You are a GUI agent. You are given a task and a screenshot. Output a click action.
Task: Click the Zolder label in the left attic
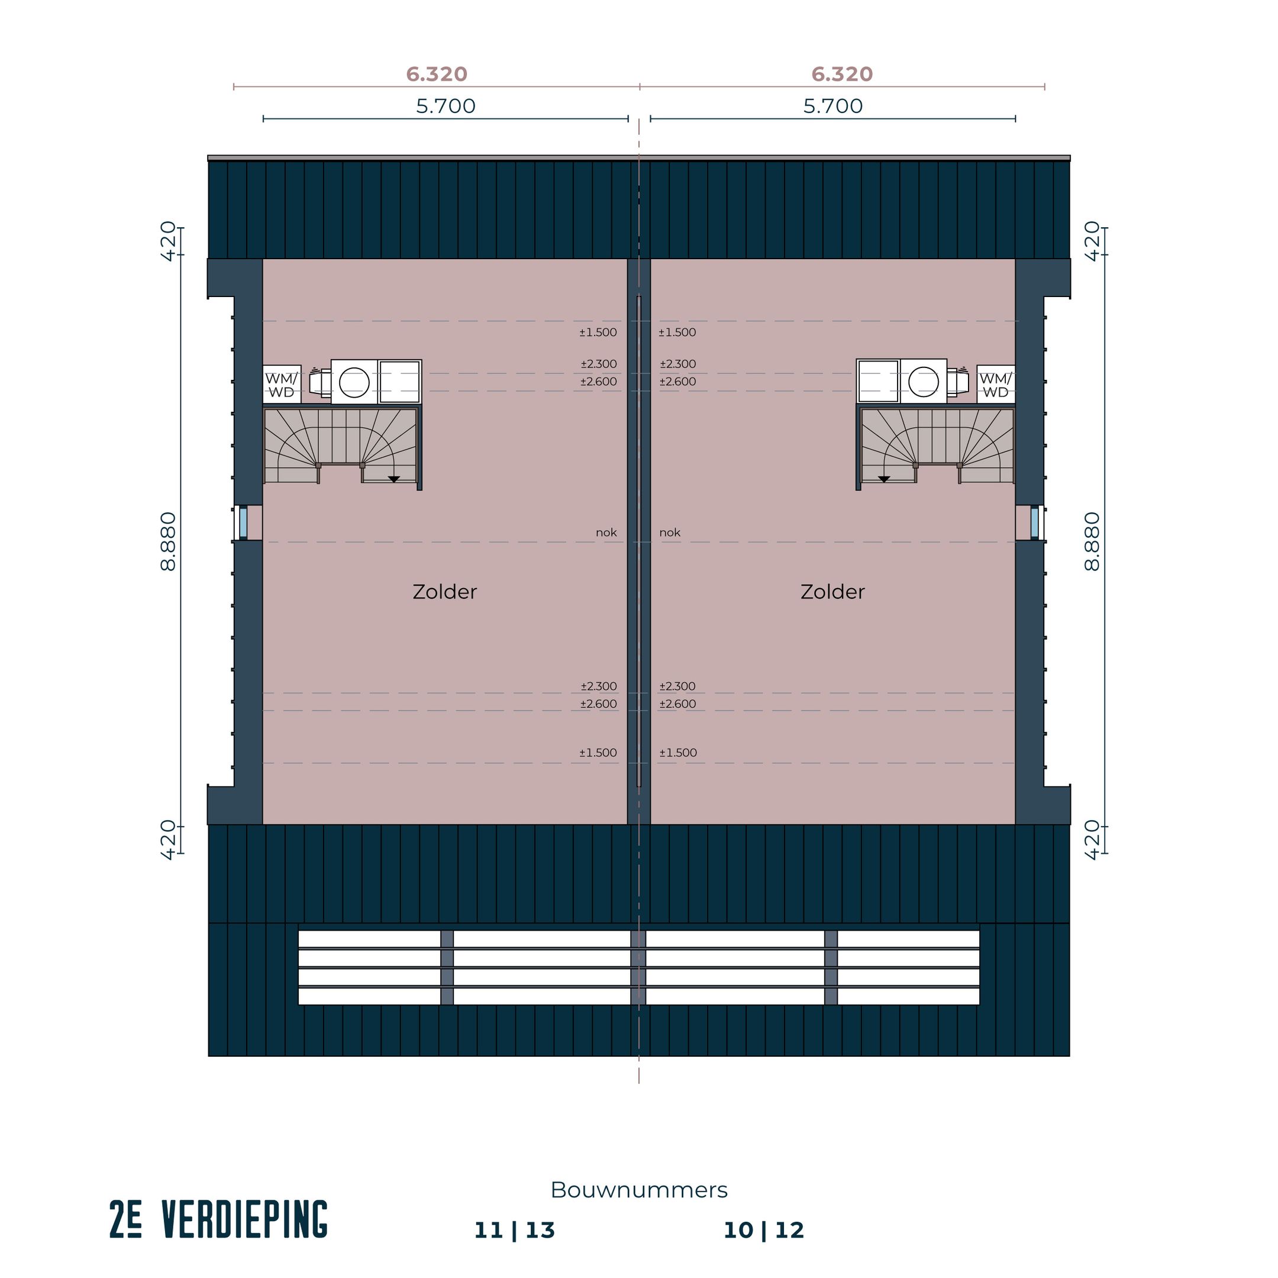[444, 592]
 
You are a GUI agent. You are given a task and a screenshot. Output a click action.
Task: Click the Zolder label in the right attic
[832, 592]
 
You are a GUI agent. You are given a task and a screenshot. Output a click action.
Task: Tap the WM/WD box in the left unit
[281, 385]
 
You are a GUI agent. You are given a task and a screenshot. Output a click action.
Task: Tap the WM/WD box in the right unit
[996, 385]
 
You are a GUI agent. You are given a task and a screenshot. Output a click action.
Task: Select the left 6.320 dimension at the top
[437, 74]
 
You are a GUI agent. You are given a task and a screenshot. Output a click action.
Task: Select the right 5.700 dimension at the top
[833, 106]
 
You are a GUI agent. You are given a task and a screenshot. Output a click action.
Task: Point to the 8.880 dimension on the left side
[169, 541]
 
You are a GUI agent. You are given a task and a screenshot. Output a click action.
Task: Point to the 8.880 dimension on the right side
[1092, 541]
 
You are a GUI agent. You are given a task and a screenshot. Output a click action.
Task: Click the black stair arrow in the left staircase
[393, 479]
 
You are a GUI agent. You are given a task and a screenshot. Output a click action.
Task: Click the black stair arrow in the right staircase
[884, 479]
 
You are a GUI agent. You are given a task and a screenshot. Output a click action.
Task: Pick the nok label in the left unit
[606, 532]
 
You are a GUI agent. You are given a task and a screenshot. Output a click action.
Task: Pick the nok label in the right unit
[669, 532]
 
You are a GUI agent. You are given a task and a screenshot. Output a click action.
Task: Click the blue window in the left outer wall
[243, 522]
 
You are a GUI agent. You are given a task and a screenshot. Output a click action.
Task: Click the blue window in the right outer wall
[1035, 522]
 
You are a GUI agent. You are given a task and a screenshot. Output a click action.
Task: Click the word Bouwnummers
[639, 1190]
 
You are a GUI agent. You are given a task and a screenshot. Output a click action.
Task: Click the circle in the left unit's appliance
[354, 382]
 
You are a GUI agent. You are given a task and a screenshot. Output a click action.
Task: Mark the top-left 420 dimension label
[169, 241]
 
